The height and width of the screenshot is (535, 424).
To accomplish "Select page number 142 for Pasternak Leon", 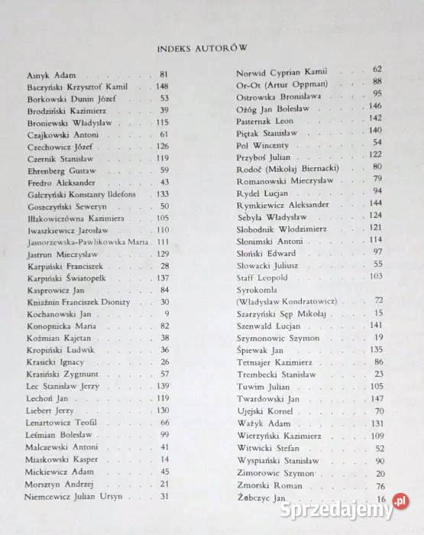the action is click(x=374, y=118).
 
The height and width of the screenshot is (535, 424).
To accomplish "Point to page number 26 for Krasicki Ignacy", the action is click(x=164, y=362).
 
